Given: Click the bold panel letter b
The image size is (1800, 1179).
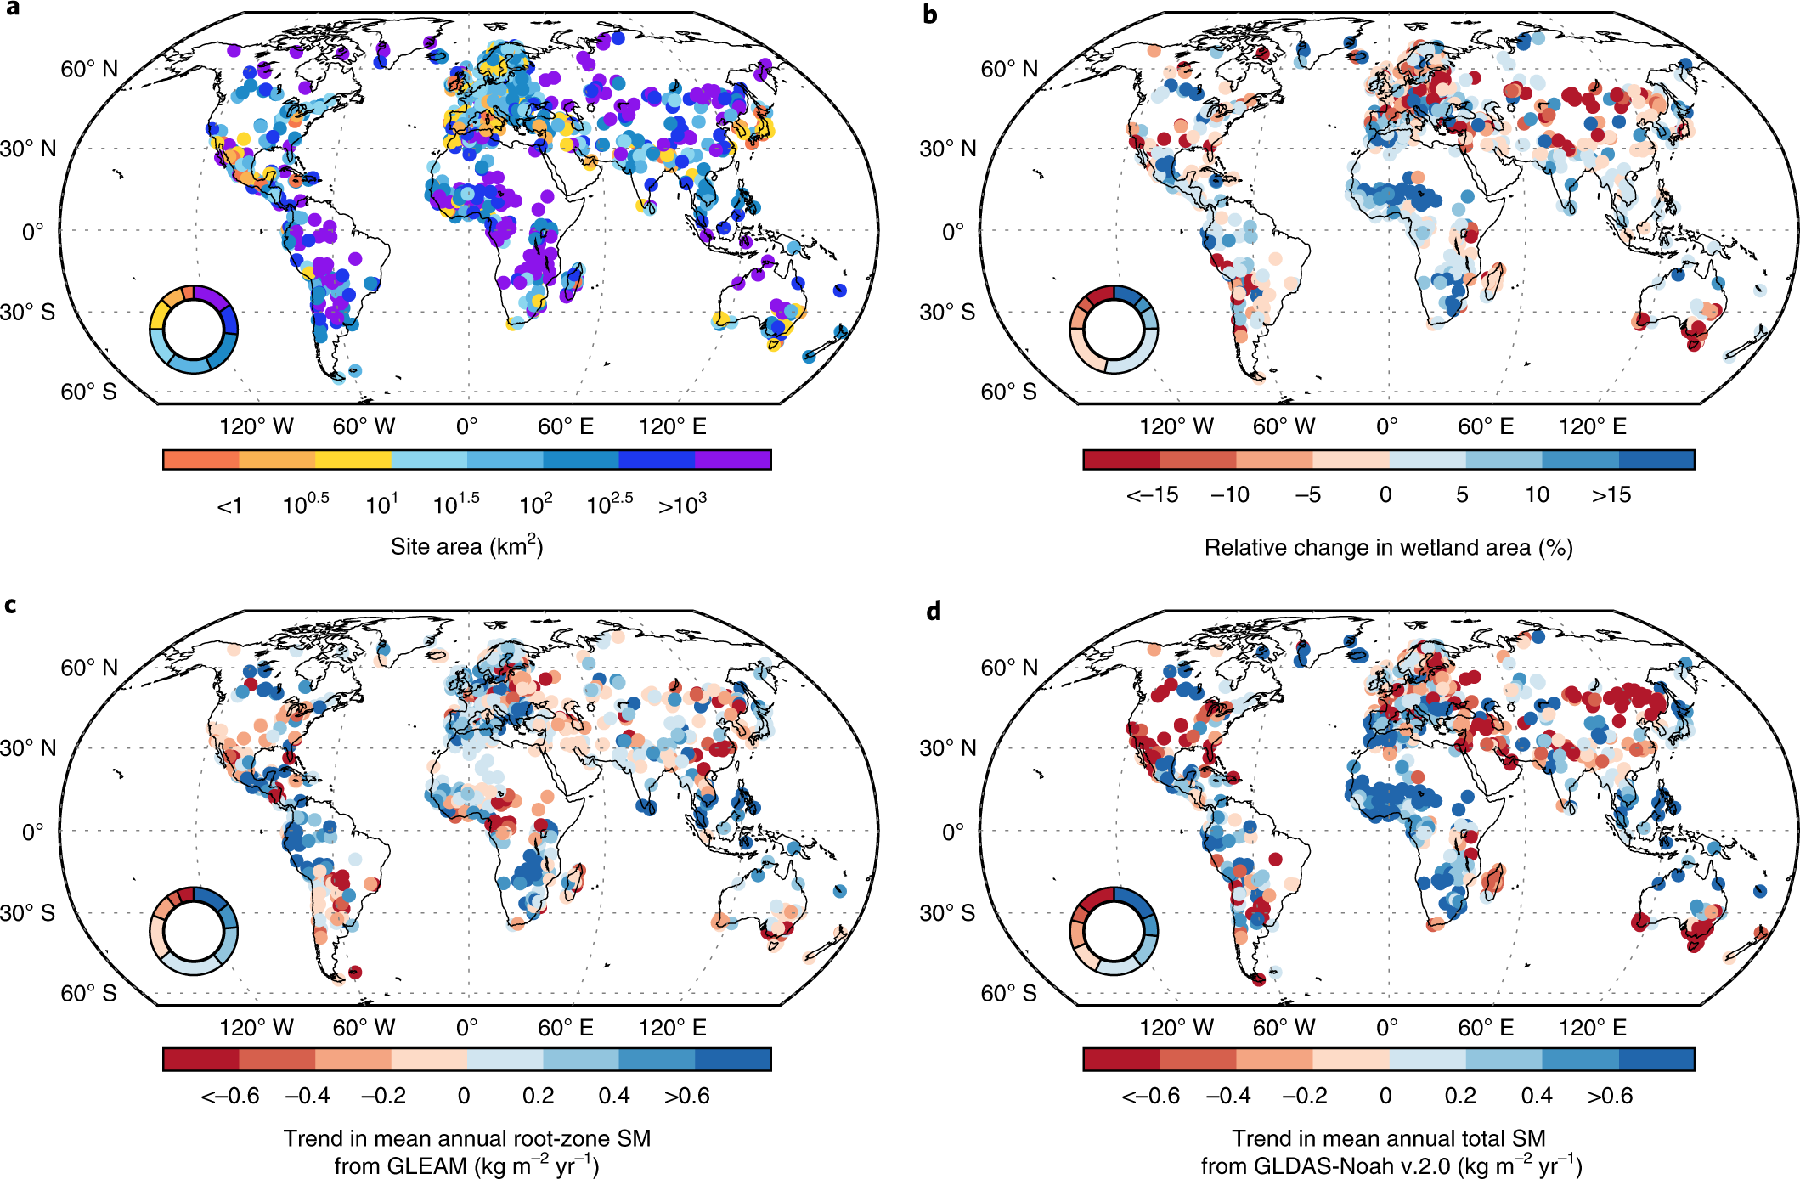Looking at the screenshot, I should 930,14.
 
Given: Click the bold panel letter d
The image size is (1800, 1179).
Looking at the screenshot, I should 934,611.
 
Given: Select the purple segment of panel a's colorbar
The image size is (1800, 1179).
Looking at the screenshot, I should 732,460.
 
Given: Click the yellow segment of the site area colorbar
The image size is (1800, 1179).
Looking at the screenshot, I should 353,460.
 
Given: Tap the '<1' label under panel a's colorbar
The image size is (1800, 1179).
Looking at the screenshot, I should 229,506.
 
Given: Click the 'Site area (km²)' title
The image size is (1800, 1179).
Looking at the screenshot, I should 466,546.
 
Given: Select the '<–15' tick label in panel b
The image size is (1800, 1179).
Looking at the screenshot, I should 1152,495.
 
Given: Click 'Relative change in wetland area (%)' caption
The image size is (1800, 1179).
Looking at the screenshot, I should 1388,548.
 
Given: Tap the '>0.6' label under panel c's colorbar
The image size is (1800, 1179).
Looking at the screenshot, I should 686,1096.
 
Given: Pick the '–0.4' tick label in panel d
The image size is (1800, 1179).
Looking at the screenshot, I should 1228,1096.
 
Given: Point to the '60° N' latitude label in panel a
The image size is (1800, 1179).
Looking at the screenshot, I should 89,70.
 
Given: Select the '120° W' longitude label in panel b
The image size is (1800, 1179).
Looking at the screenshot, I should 1176,426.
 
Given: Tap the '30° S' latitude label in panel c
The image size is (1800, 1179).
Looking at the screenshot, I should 28,913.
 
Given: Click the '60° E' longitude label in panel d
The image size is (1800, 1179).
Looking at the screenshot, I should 1486,1028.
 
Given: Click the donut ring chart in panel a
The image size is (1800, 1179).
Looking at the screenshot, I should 194,330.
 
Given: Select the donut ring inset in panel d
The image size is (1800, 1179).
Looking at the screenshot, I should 1114,931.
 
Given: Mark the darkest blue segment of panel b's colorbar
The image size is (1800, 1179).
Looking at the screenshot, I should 1656,460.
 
